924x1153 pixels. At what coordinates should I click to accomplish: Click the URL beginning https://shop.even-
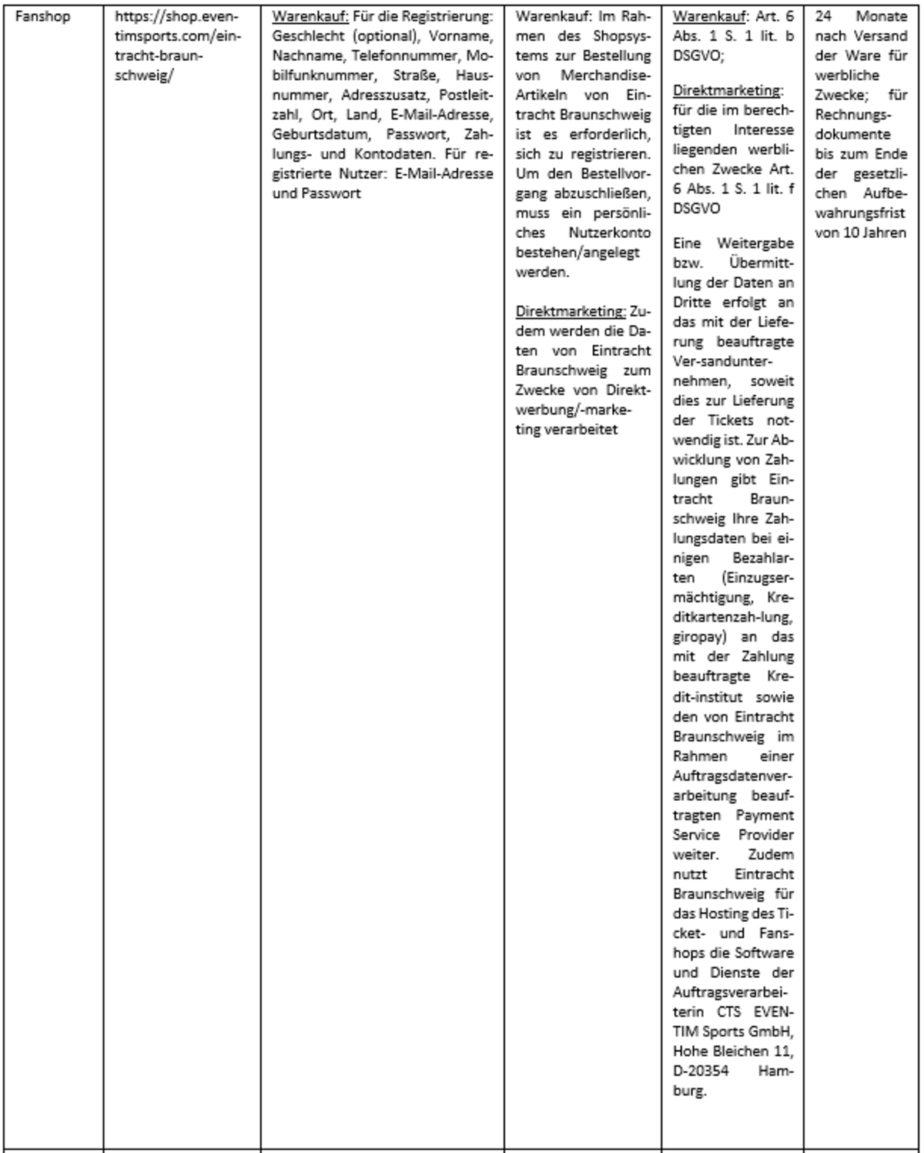point(176,16)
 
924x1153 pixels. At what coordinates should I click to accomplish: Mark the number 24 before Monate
point(823,16)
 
